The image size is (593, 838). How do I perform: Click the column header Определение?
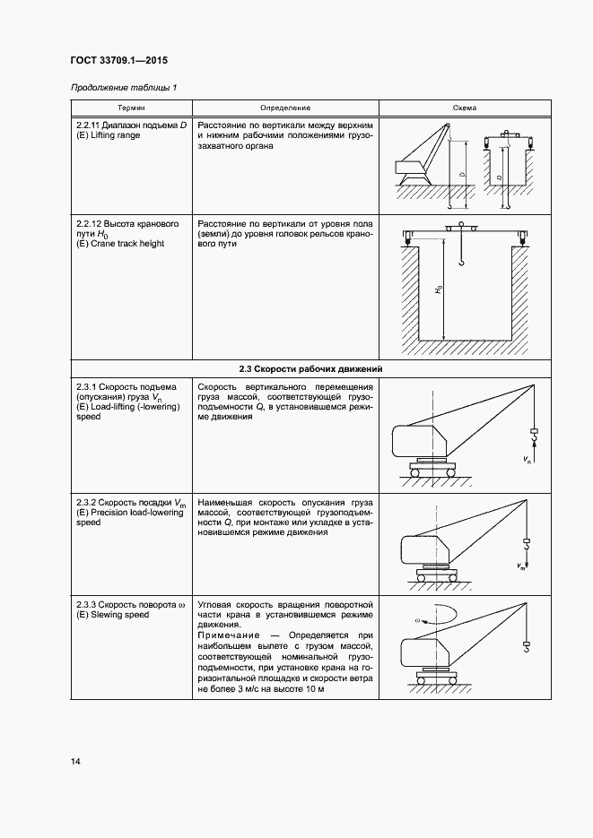tap(286, 108)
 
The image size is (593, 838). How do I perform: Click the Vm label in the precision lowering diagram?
tap(521, 566)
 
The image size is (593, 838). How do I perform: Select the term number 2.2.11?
tap(88, 125)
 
